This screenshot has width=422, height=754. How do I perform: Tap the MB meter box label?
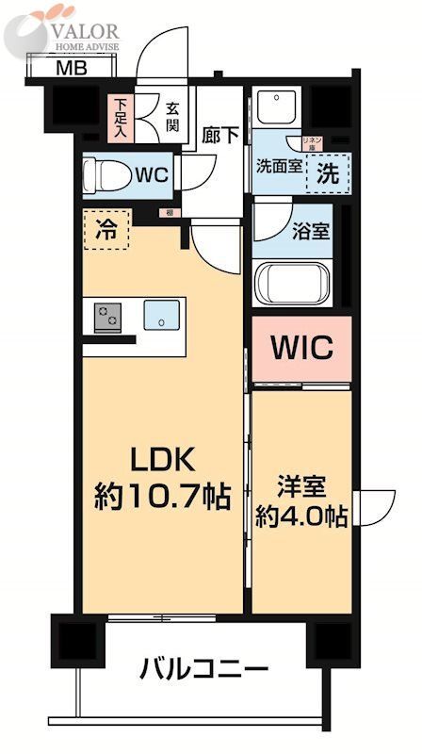(66, 69)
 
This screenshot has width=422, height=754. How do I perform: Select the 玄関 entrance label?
(173, 116)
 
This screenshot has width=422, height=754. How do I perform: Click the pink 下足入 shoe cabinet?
(122, 117)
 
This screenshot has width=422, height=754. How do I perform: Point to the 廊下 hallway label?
(220, 134)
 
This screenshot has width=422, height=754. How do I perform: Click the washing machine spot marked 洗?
(325, 173)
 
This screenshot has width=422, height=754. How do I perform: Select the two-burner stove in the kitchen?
(108, 317)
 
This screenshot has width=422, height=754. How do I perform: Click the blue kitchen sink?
(161, 316)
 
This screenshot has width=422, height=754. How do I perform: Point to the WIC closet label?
(302, 348)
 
